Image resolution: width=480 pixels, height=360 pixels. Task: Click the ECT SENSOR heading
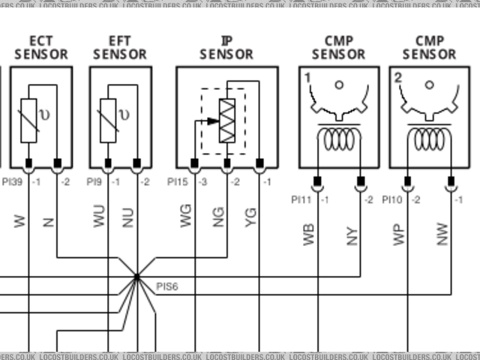click(40, 47)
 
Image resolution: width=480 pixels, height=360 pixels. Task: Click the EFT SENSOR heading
click(120, 47)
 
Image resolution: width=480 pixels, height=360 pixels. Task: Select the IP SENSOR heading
click(226, 47)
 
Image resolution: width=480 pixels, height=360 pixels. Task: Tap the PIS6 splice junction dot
click(136, 277)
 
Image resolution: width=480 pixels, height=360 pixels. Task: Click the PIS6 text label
click(166, 286)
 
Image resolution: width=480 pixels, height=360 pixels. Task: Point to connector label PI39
click(11, 181)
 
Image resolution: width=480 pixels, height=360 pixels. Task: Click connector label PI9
click(94, 181)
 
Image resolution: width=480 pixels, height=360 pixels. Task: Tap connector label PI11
click(301, 199)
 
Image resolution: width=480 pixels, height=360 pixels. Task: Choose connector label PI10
click(392, 199)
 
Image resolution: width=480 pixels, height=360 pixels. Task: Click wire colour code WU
click(99, 219)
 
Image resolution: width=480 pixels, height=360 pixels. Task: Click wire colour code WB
click(308, 234)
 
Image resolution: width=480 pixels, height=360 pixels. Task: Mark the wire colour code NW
click(443, 234)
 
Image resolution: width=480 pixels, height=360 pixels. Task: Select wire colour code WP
click(399, 234)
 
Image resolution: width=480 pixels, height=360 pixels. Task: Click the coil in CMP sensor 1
click(338, 139)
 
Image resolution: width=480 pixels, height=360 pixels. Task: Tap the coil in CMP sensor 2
click(430, 139)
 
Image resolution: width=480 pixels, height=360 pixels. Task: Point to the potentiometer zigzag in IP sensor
click(227, 120)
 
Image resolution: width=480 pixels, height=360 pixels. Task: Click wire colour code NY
click(352, 234)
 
